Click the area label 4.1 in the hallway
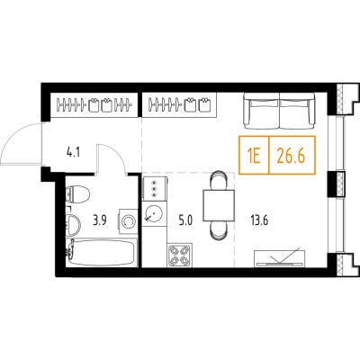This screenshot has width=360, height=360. pos(73,153)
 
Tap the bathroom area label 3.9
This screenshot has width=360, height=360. pos(100,220)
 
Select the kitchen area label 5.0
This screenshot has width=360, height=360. pos(185,220)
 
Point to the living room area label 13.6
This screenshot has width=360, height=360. pos(259,220)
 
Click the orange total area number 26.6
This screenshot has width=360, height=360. pos(291,157)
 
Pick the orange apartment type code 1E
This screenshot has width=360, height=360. pos(254,157)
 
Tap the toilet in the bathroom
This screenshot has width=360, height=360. pos(77,194)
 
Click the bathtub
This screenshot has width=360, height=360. pos(102,252)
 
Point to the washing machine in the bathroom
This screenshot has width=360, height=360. pos(129,221)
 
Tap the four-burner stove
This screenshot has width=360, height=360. pos(180,255)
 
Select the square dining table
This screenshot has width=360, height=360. pos(219,205)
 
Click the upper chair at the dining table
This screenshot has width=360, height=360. pos(219,180)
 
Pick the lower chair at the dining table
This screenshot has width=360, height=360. pos(219,230)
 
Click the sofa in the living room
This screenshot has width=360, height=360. pos(280,111)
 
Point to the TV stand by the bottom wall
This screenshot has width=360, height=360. pos(279,258)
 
